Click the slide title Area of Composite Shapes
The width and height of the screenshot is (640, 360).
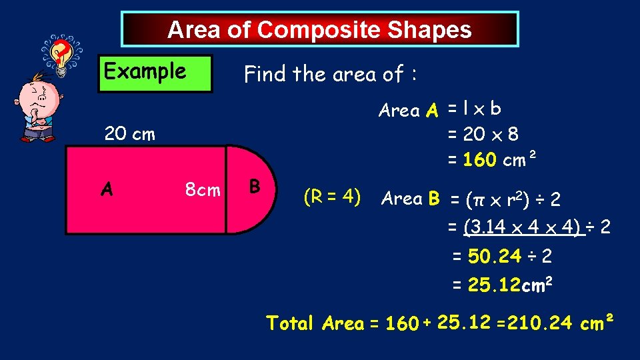click(319, 30)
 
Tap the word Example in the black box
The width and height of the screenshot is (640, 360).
click(145, 71)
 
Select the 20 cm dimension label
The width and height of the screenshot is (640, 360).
click(129, 134)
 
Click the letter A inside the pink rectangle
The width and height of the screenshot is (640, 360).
click(106, 190)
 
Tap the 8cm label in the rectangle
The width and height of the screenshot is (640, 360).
click(203, 191)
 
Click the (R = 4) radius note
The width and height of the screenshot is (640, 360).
click(332, 197)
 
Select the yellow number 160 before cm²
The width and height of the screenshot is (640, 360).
click(479, 161)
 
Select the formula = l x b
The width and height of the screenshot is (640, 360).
click(474, 109)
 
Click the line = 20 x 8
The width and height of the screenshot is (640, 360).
click(483, 135)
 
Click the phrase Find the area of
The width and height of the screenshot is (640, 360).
click(330, 74)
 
